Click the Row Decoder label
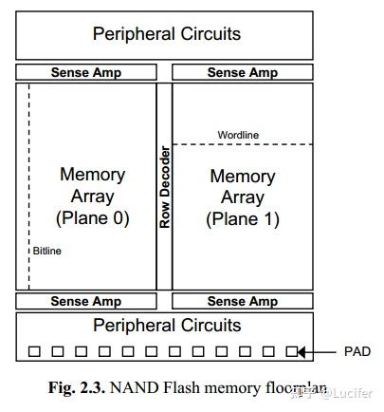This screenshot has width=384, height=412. coord(164,187)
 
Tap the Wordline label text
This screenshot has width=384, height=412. coord(238,135)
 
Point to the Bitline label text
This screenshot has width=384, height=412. coord(47,251)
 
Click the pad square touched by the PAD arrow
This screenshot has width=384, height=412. coord(292,351)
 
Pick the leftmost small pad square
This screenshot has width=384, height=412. coord(34,351)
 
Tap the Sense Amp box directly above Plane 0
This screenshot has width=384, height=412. coord(85,72)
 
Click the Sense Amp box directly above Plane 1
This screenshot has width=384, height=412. coord(242,72)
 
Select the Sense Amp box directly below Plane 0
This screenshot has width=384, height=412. coord(85,301)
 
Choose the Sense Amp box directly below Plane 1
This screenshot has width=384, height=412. coord(242,301)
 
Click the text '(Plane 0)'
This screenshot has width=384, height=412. coord(93,217)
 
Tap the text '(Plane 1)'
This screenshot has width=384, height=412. coord(242,217)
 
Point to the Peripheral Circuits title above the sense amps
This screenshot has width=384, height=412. coord(165,34)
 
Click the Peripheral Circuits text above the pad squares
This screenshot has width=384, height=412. coord(165,326)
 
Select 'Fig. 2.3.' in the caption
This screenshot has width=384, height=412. coord(78,389)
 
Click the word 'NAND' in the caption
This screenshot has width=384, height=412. coord(133,389)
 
